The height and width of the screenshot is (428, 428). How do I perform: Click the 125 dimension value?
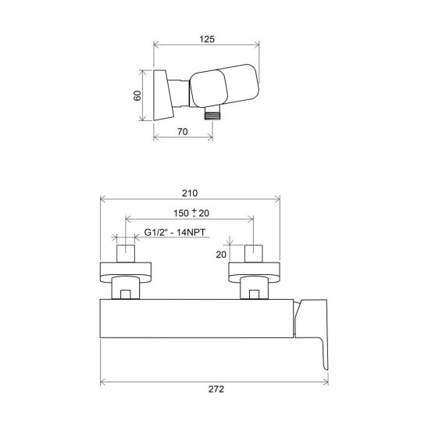pyautogui.click(x=207, y=39)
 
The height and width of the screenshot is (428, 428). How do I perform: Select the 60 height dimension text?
pyautogui.click(x=137, y=95)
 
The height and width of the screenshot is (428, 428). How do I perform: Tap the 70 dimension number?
pyautogui.click(x=183, y=131)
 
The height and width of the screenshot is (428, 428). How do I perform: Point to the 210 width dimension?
pyautogui.click(x=190, y=193)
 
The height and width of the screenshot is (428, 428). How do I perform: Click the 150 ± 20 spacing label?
pyautogui.click(x=191, y=212)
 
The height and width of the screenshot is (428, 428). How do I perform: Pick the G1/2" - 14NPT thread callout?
pyautogui.click(x=175, y=233)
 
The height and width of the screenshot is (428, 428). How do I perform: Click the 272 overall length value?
pyautogui.click(x=216, y=389)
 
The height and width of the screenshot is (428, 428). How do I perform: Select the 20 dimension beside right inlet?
pyautogui.click(x=221, y=255)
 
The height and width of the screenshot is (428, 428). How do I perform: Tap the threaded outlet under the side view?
pyautogui.click(x=212, y=112)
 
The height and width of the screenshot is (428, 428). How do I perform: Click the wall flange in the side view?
pyautogui.click(x=163, y=95)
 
